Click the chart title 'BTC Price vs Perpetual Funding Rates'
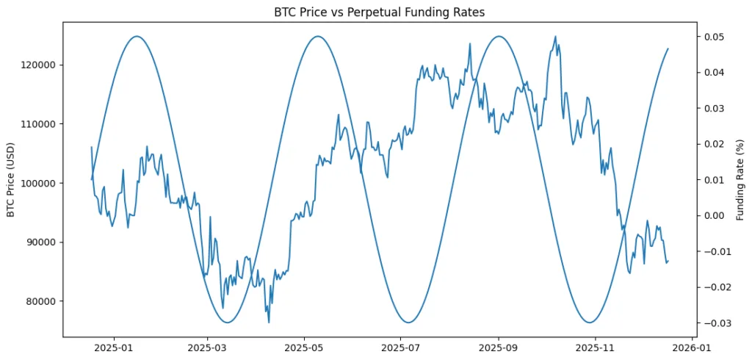coord(379,12)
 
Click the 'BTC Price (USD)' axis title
coord(11,179)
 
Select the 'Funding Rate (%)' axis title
coord(740,179)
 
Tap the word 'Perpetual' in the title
coord(399,12)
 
